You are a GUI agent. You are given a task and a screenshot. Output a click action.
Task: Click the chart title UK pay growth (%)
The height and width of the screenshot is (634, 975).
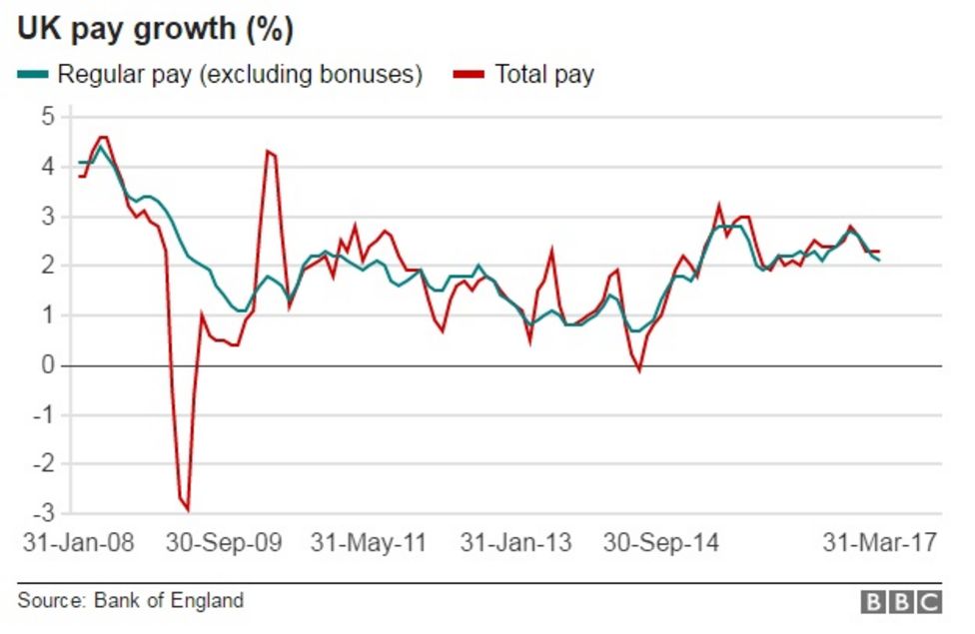[x=155, y=29]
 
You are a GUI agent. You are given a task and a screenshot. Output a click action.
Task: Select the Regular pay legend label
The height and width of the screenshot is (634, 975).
[x=240, y=74]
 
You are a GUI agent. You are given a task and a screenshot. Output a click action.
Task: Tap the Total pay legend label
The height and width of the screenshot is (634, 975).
[x=544, y=74]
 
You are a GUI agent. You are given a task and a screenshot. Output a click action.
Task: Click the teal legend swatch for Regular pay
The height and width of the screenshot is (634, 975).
[x=32, y=74]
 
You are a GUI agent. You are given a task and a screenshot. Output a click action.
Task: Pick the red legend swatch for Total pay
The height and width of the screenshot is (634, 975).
[x=470, y=74]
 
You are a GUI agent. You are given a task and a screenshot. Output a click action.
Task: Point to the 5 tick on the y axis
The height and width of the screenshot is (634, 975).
[x=48, y=117]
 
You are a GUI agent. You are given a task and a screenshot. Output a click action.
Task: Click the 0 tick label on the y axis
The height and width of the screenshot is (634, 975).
[x=48, y=365]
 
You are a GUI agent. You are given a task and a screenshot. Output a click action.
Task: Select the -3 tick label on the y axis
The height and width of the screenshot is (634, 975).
[x=44, y=514]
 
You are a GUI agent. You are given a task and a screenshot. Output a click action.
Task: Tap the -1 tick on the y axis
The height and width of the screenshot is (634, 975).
[x=44, y=415]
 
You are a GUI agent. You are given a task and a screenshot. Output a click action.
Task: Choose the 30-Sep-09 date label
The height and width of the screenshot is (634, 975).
[x=224, y=543]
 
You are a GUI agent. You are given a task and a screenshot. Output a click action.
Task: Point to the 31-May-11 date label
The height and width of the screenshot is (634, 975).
[x=369, y=543]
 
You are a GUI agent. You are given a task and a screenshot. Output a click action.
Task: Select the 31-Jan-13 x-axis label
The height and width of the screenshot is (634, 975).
[x=516, y=543]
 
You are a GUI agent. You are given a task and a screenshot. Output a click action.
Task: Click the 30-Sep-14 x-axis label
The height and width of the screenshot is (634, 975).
[x=661, y=543]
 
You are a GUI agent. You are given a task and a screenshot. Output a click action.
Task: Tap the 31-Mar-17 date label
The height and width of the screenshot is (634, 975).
[x=880, y=543]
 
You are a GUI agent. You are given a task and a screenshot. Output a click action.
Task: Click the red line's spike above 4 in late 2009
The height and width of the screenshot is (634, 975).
[x=268, y=151]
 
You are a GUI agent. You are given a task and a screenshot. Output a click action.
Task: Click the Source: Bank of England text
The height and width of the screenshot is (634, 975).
[x=130, y=600]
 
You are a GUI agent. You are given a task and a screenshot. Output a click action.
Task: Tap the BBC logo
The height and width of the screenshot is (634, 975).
[x=901, y=601]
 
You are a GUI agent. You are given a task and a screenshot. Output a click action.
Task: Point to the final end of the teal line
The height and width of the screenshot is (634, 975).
[x=879, y=260]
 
